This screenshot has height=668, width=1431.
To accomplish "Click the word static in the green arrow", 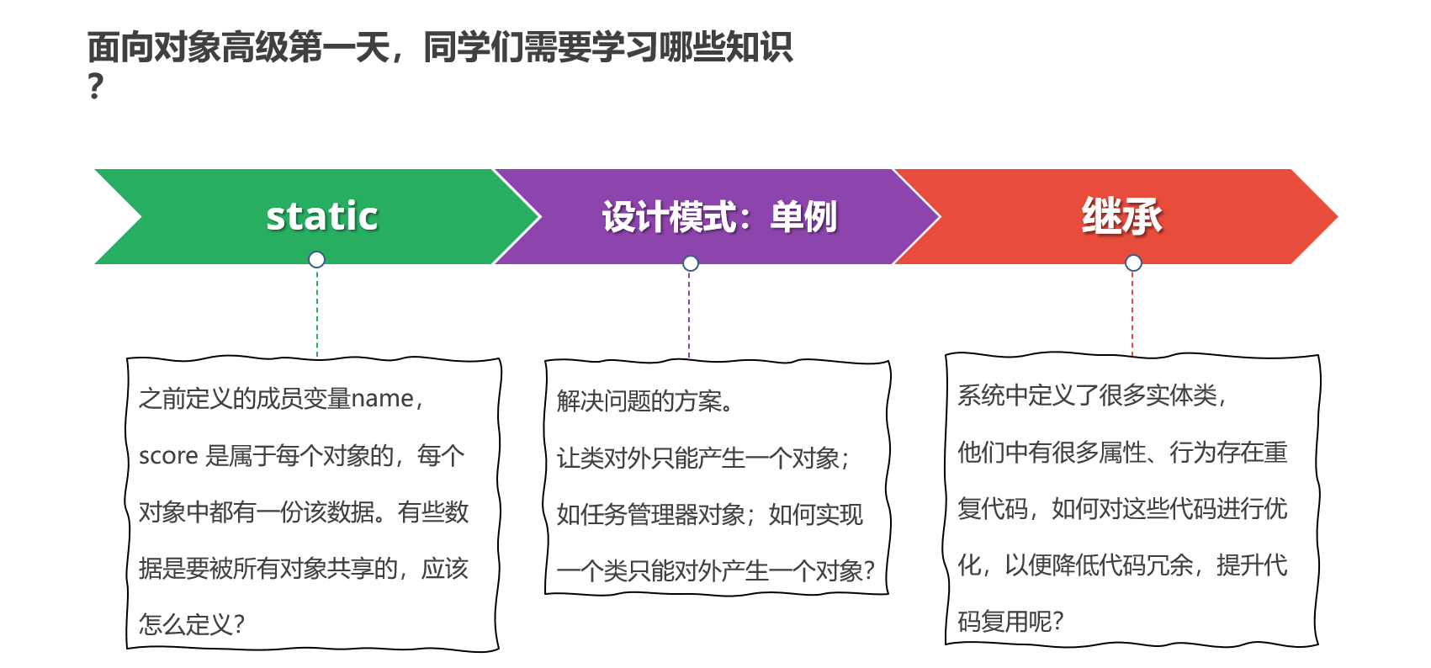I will point(321,216).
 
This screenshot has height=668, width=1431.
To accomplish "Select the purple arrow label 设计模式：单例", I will point(719,217).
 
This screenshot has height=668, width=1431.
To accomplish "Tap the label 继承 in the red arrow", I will point(1121,216).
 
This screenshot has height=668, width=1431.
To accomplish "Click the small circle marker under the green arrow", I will point(316,259).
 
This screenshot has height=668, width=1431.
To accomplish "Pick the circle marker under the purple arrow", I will point(691,263).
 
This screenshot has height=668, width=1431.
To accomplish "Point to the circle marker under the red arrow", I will point(1133,262).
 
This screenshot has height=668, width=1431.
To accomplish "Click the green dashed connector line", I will point(317,311).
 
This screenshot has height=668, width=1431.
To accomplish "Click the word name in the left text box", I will point(382,399).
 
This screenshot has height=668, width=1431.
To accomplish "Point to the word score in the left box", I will point(168,456).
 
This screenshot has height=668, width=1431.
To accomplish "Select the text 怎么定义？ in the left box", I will point(192,624).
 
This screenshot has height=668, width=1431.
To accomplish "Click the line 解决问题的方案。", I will point(646,401).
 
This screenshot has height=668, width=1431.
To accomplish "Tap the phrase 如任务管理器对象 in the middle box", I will point(650,514).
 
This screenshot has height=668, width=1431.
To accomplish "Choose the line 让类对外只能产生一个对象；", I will point(704,459).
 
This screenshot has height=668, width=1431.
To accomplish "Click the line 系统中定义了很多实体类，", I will point(1093,395).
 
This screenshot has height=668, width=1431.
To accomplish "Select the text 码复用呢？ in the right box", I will point(1010,622).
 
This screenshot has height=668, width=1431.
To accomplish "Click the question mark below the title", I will point(96,87).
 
